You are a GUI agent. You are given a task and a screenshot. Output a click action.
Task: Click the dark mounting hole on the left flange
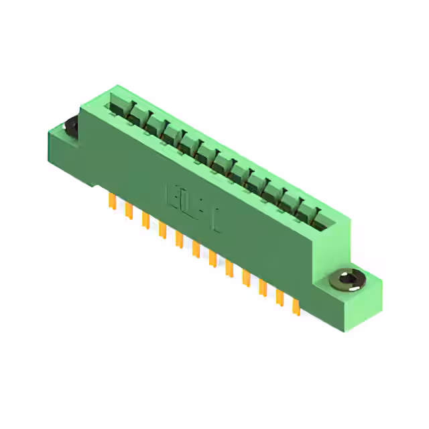pyautogui.click(x=70, y=126)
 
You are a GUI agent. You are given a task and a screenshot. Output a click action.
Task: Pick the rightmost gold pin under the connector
pyautogui.click(x=296, y=306)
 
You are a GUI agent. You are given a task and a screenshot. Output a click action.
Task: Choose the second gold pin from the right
pyautogui.click(x=279, y=296)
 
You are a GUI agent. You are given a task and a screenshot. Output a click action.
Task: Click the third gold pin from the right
pyautogui.click(x=262, y=287)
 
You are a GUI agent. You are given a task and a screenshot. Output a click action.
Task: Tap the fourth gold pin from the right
pyautogui.click(x=245, y=277)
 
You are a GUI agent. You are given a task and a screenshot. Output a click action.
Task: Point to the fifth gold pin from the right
pyautogui.click(x=229, y=267)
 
